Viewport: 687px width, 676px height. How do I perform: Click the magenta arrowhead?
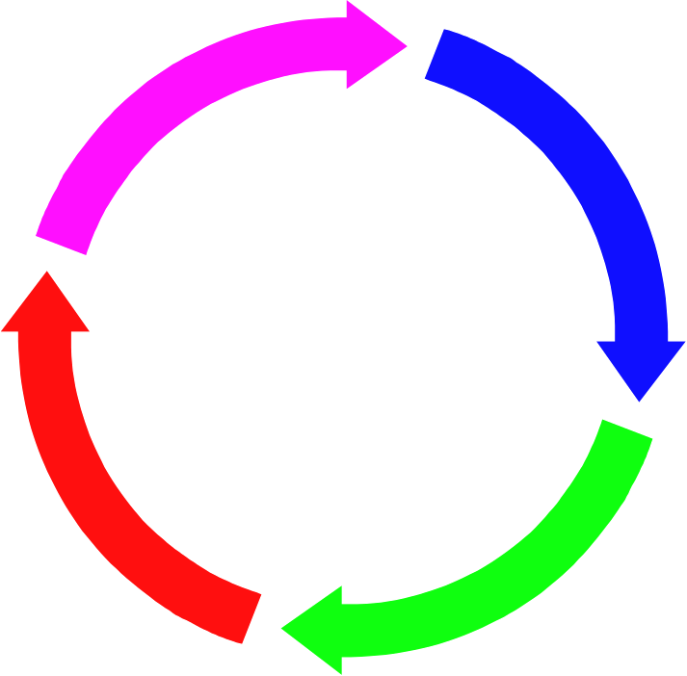click(x=371, y=44)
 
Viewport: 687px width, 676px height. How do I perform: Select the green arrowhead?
click(x=318, y=630)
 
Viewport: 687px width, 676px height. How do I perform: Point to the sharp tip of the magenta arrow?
click(x=406, y=44)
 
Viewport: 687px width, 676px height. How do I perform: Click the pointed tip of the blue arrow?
click(x=640, y=400)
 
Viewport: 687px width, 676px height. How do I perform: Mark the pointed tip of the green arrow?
click(x=282, y=630)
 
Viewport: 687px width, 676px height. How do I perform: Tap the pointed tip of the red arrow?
click(x=45, y=273)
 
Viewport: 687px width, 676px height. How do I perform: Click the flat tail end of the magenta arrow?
click(x=62, y=245)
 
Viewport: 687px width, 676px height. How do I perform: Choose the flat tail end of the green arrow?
click(x=627, y=430)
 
